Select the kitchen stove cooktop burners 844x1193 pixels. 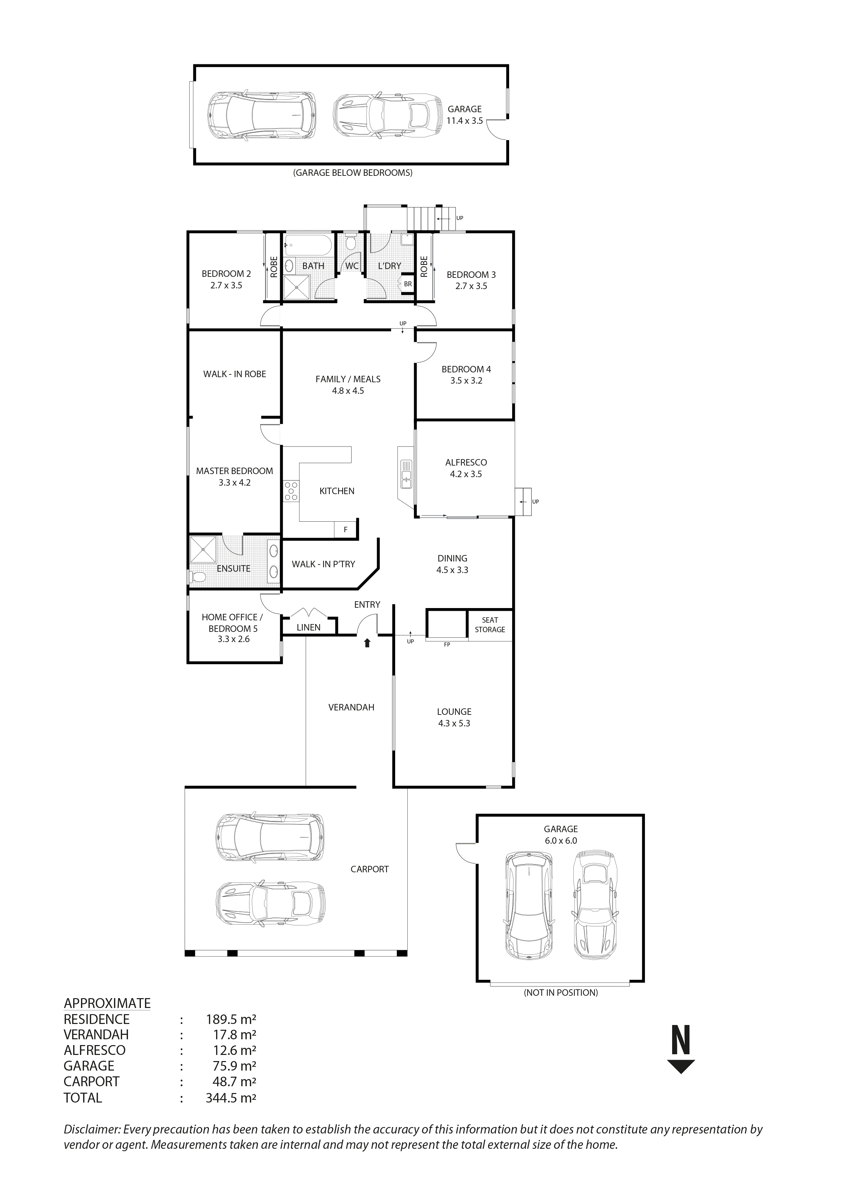(x=291, y=491)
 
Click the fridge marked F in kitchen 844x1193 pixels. (x=345, y=530)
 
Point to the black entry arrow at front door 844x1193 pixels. (x=367, y=643)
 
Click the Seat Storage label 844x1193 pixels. (x=490, y=625)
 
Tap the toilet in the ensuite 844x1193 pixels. (x=197, y=577)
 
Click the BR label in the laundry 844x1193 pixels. (x=408, y=284)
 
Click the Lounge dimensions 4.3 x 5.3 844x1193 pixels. (x=454, y=723)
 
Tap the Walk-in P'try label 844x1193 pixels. (x=323, y=564)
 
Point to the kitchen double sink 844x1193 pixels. (x=406, y=473)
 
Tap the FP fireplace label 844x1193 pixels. (x=447, y=644)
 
